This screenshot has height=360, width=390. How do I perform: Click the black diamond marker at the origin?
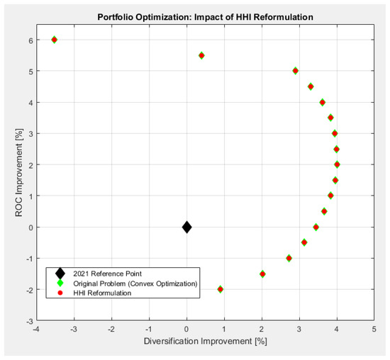coord(186,227)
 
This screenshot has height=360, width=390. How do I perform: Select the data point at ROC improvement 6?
coord(54,40)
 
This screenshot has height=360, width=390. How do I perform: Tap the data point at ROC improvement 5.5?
coord(201,55)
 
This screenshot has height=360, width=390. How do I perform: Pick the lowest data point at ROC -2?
coord(220,289)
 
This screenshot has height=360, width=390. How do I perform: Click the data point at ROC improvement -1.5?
coord(262,274)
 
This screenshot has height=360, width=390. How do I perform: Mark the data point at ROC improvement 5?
coord(295,71)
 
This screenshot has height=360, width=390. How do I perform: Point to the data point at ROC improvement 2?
coord(337,164)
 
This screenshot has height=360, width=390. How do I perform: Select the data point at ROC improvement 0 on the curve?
coord(316,227)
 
